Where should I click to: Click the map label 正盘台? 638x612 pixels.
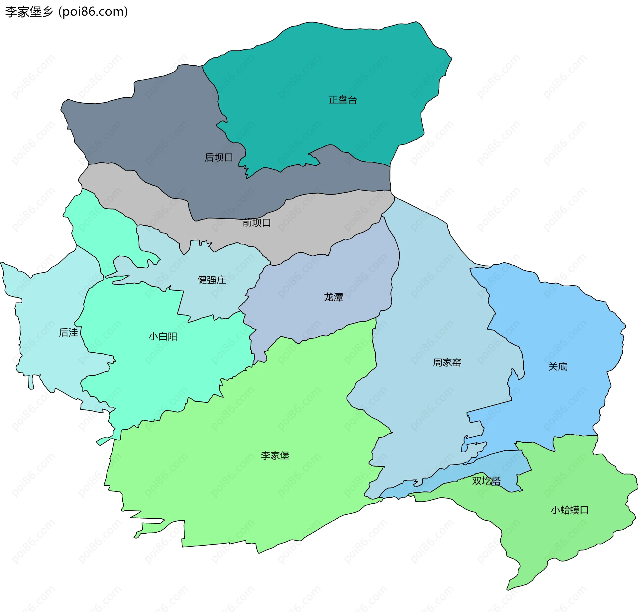click(343, 100)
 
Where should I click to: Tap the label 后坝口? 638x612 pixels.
click(219, 157)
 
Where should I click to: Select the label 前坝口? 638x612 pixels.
click(257, 222)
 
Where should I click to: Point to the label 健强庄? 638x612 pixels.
click(212, 280)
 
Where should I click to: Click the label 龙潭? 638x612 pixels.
click(333, 297)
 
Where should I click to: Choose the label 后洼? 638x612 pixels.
click(68, 332)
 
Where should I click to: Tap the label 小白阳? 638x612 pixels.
click(163, 337)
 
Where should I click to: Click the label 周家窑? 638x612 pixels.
click(447, 363)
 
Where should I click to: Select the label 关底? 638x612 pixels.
click(558, 367)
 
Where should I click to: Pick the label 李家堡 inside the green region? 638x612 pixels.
click(275, 456)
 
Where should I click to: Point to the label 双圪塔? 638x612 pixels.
click(486, 481)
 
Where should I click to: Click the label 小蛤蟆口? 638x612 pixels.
click(570, 510)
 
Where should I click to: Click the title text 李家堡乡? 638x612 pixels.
click(29, 12)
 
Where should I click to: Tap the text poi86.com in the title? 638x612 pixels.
click(93, 12)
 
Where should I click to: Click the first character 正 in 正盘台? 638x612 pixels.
click(333, 100)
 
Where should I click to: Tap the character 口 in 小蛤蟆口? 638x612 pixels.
click(585, 510)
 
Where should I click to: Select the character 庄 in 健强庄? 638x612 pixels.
click(221, 280)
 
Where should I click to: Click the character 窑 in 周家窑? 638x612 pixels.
click(457, 363)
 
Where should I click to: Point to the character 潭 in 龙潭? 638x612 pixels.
click(338, 297)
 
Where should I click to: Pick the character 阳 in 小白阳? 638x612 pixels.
click(172, 337)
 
